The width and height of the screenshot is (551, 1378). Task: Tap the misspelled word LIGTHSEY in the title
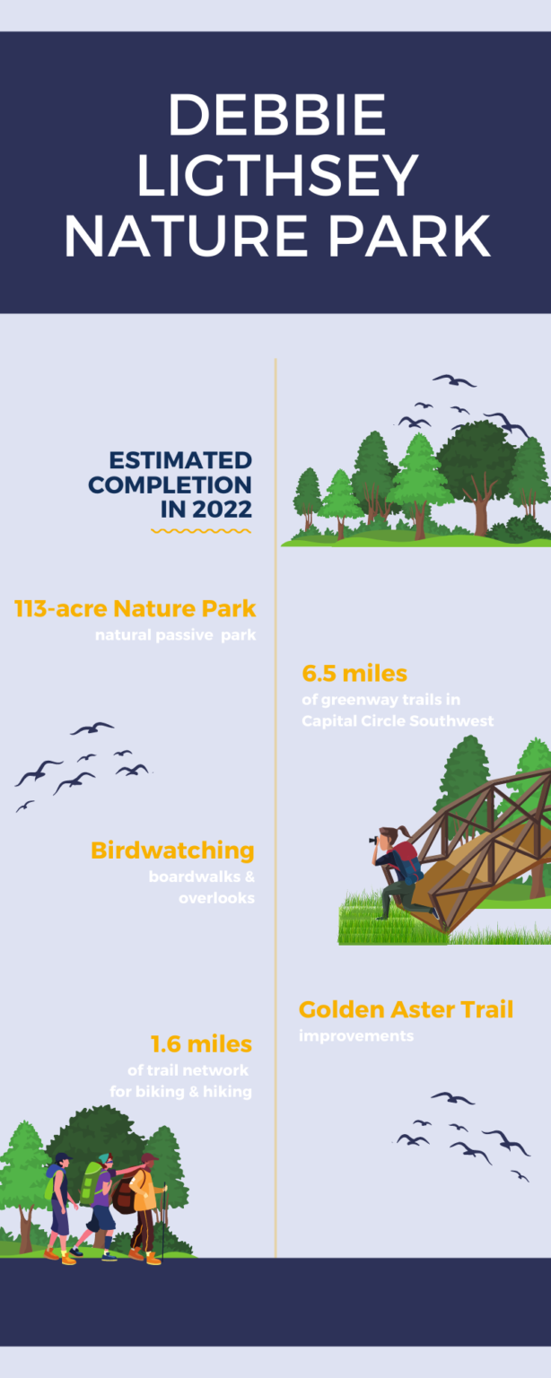pos(275,175)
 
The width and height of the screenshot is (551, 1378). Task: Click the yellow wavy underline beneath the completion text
pos(200,531)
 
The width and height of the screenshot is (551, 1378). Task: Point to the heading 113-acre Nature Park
pos(136,608)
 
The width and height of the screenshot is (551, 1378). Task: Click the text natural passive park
pos(176,636)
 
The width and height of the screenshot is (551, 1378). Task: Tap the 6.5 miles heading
pos(354,673)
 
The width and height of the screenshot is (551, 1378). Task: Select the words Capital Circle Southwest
pos(398,720)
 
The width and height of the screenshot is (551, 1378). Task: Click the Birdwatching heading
pos(172,850)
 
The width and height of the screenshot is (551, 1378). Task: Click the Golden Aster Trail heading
pos(406,1009)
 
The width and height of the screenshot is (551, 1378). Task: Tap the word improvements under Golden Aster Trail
pos(356,1036)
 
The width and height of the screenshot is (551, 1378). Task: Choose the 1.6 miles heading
pos(201,1043)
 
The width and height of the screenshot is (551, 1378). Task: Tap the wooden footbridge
pos(485,843)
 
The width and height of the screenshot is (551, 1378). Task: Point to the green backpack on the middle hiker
pos(91,1182)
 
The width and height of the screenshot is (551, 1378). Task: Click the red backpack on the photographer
pos(407,852)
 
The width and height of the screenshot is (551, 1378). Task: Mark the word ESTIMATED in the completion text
pos(180,461)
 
